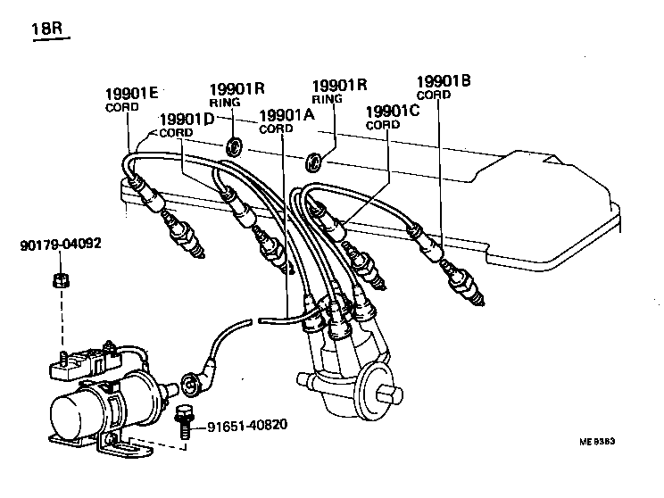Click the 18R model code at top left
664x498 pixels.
click(x=46, y=34)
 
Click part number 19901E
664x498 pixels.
click(x=132, y=94)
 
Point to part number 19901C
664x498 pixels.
click(x=394, y=112)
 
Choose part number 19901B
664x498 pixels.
click(x=443, y=82)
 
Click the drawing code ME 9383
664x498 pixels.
click(x=598, y=441)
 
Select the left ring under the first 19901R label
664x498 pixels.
click(x=235, y=144)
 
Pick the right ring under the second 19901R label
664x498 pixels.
click(x=315, y=162)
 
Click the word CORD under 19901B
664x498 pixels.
click(x=434, y=95)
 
